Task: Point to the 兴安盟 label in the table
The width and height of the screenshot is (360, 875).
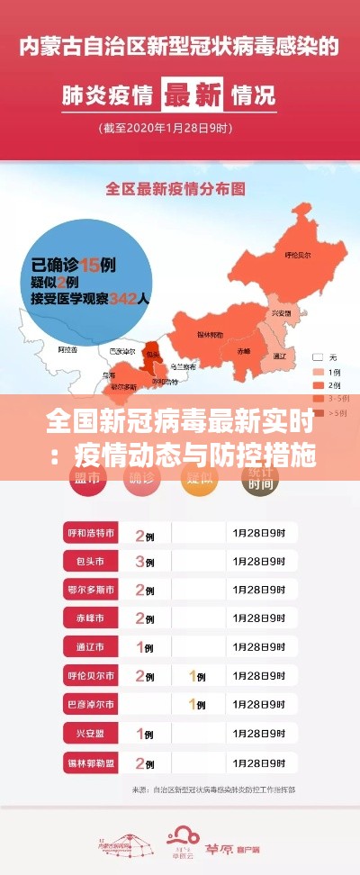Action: point(91,734)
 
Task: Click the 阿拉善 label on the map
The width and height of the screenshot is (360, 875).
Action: point(67,347)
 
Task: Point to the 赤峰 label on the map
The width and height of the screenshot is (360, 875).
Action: point(244,350)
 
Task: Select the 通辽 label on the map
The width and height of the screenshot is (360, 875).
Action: point(280,356)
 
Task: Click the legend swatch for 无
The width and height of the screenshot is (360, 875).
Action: point(317,356)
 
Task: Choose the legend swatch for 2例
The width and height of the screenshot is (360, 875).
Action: point(317,384)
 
